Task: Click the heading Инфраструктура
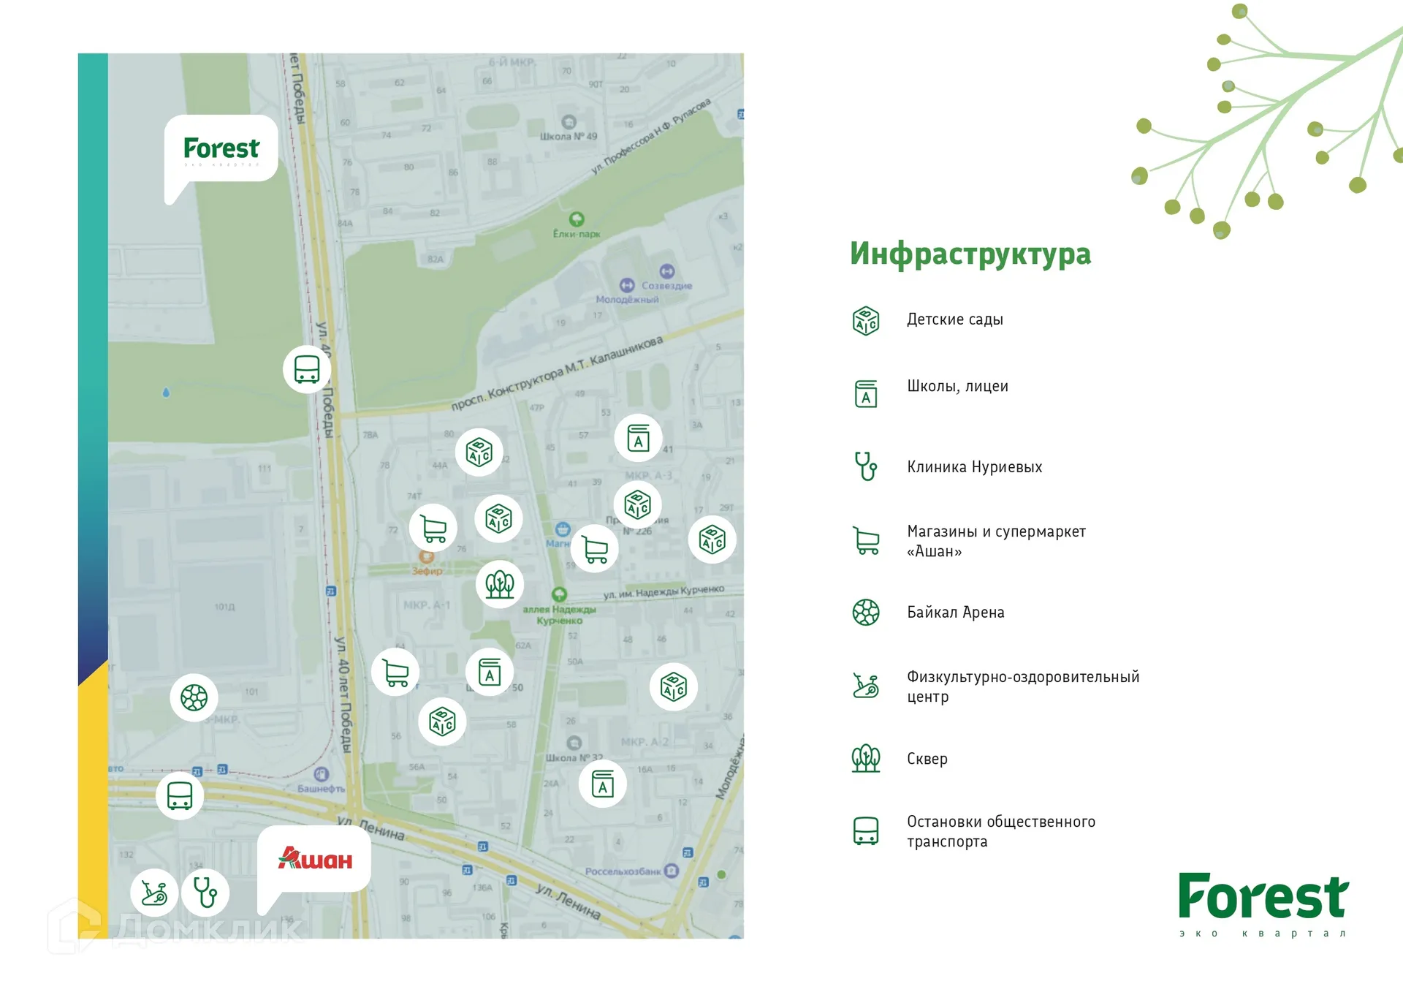point(970,254)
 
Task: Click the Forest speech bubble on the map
point(221,148)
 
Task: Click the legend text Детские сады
point(954,319)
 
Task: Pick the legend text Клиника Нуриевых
point(974,467)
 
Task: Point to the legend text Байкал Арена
point(955,613)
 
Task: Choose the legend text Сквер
point(927,759)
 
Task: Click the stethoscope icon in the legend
point(866,466)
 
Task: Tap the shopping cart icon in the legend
point(866,541)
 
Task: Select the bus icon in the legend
point(866,831)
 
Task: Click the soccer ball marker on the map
point(194,697)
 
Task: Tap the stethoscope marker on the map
point(205,893)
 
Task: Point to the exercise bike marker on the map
point(154,893)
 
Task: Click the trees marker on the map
point(500,584)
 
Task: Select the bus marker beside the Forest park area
point(307,369)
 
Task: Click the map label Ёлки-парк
point(577,234)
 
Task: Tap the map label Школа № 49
point(569,136)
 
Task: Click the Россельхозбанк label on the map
point(623,871)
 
